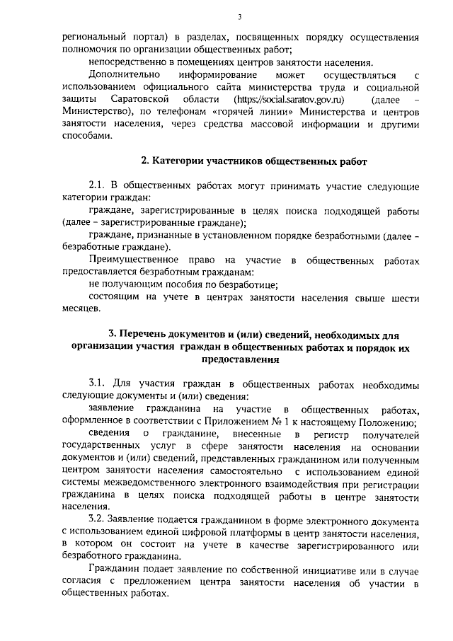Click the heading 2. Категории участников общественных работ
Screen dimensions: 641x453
254,162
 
